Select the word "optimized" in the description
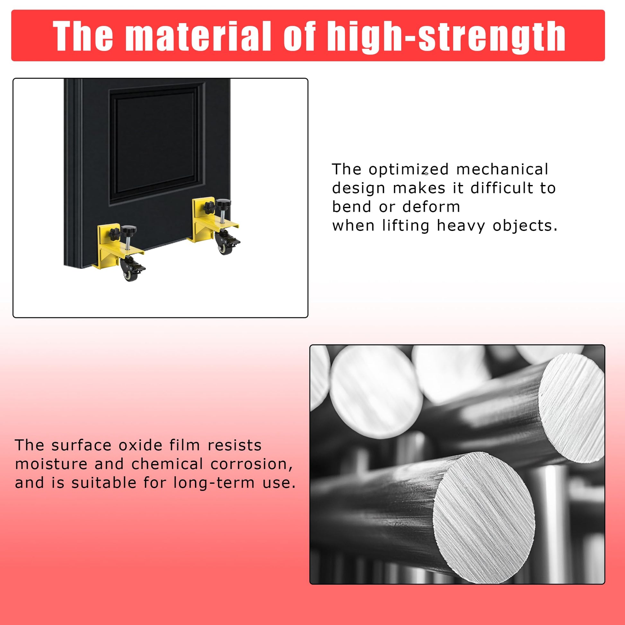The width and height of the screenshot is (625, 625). tap(409, 169)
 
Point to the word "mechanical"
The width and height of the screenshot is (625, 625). tap(502, 169)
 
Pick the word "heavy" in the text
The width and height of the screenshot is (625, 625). tap(461, 226)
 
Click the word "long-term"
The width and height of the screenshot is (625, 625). tap(214, 483)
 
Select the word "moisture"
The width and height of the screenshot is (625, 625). tap(51, 464)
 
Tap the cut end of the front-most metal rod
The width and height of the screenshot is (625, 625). tap(484, 501)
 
